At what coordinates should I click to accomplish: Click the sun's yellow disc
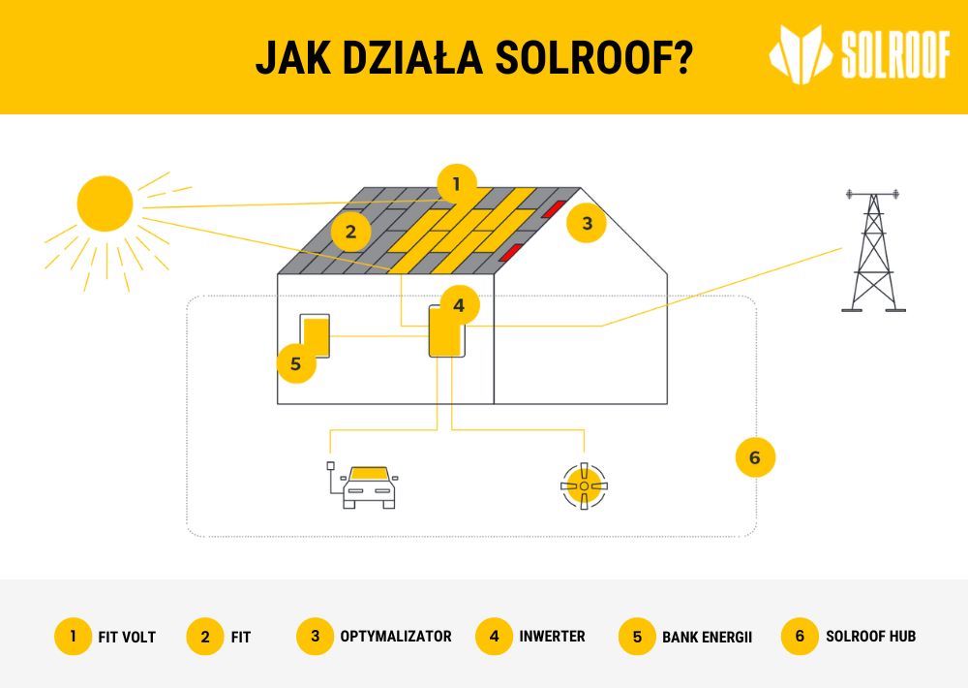[x=105, y=203]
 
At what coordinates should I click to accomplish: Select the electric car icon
[x=363, y=485]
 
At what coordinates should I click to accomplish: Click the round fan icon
[x=584, y=485]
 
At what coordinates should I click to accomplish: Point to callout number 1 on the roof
[x=457, y=184]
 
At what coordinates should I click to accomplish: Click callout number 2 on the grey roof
[x=350, y=232]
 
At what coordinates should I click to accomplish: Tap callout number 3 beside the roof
[x=587, y=223]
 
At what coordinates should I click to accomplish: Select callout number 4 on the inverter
[x=459, y=305]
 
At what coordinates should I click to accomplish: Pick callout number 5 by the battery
[x=295, y=363]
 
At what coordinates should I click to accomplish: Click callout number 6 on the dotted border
[x=755, y=457]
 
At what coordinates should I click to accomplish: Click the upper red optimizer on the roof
[x=554, y=209]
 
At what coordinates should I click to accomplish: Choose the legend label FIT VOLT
[x=127, y=637]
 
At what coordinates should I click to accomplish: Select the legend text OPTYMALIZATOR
[x=396, y=636]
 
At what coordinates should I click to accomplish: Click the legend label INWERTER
[x=552, y=636]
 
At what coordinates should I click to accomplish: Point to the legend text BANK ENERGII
[x=707, y=637]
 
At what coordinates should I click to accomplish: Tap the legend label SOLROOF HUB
[x=870, y=636]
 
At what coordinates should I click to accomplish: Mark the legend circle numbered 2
[x=205, y=637]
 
